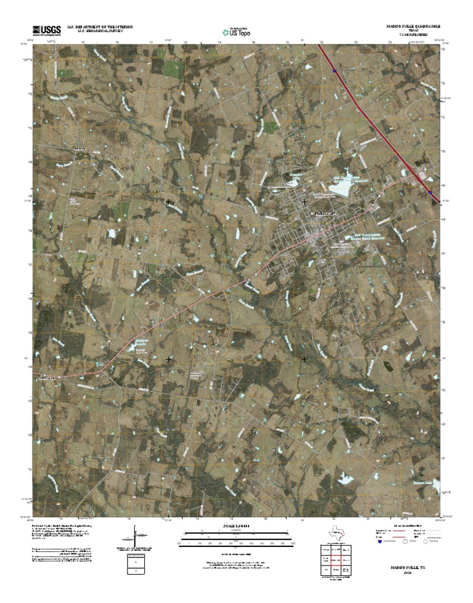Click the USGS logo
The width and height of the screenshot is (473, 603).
pyautogui.click(x=46, y=29)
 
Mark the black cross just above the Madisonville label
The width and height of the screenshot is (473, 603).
pyautogui.click(x=304, y=201)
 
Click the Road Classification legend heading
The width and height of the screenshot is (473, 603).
pyautogui.click(x=406, y=525)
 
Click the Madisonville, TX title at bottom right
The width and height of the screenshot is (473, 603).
pyautogui.click(x=406, y=583)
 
